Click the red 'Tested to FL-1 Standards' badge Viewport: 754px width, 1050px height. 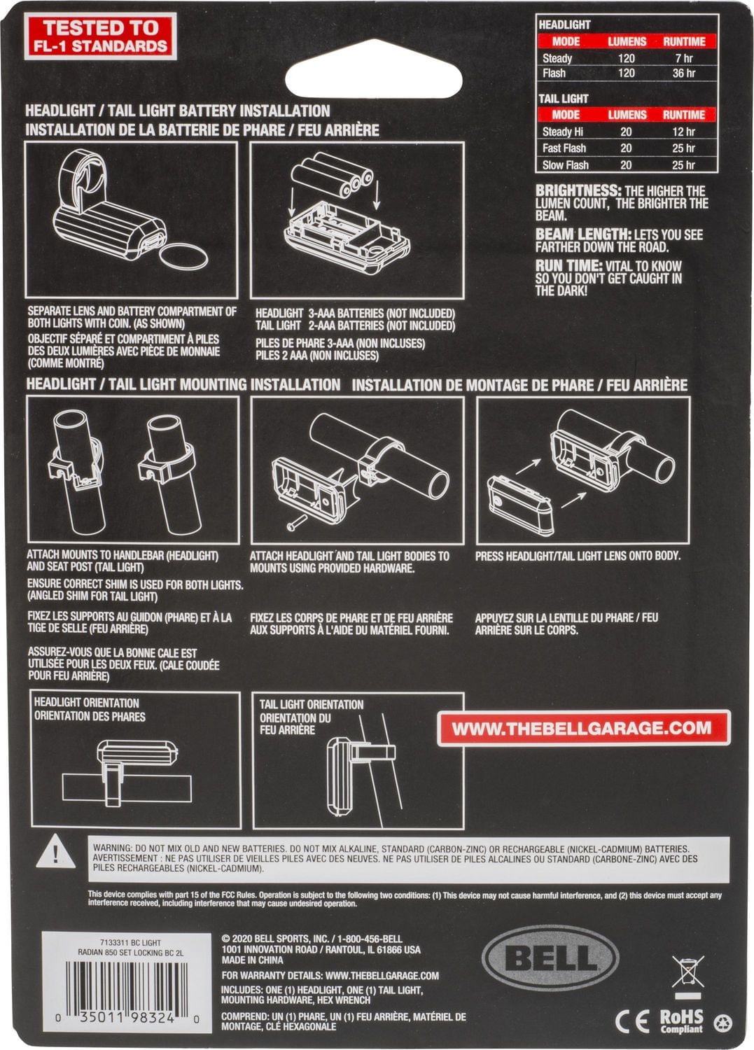click(100, 36)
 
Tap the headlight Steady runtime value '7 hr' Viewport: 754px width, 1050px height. click(684, 58)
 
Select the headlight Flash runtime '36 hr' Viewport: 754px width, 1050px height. click(684, 73)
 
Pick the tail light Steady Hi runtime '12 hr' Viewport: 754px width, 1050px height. click(683, 132)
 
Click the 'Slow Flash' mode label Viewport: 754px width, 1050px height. click(565, 165)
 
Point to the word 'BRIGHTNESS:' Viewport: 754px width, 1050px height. click(578, 191)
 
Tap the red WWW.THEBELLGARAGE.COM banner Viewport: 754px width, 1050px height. click(583, 728)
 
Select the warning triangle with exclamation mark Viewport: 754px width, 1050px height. click(55, 852)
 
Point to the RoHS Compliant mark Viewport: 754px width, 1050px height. click(681, 1021)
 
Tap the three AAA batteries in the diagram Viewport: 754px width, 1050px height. click(333, 174)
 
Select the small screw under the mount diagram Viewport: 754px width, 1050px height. click(297, 523)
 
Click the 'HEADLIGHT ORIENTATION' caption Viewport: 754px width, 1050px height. click(87, 703)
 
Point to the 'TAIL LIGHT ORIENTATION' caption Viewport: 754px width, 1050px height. click(312, 704)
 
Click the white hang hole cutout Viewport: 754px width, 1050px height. click(374, 80)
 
